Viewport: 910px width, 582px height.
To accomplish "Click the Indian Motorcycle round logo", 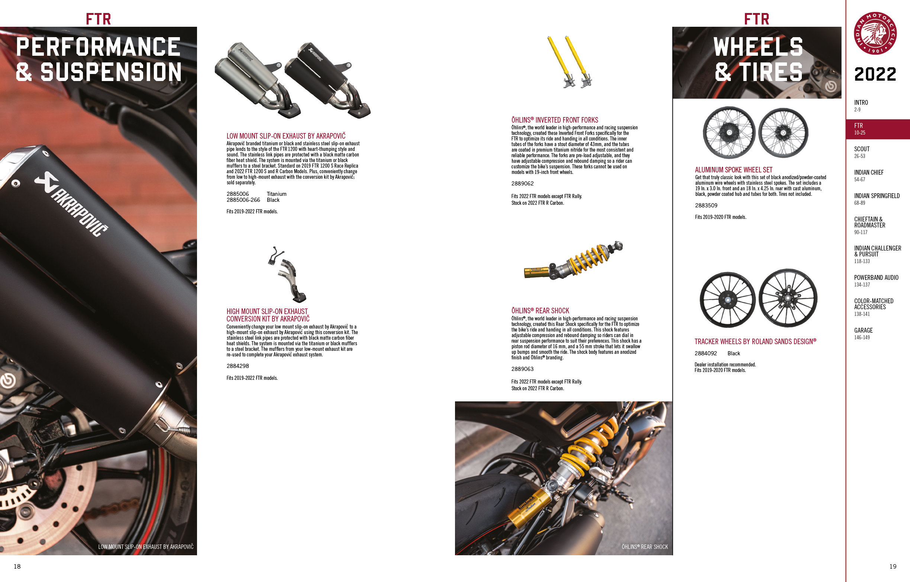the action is pyautogui.click(x=875, y=33).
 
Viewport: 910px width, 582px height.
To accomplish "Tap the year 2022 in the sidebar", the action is pyautogui.click(x=875, y=74).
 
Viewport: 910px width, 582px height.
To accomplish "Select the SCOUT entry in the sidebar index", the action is pyautogui.click(x=862, y=149).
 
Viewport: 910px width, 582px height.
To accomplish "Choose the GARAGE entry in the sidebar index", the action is pyautogui.click(x=864, y=330).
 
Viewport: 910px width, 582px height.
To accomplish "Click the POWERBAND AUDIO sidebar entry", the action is pyautogui.click(x=876, y=277).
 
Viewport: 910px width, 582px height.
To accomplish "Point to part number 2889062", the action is pyautogui.click(x=522, y=184).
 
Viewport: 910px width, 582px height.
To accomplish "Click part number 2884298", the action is pyautogui.click(x=238, y=366).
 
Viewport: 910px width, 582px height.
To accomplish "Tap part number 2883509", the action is pyautogui.click(x=706, y=206).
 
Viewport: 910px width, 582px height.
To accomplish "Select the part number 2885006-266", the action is pyautogui.click(x=243, y=200).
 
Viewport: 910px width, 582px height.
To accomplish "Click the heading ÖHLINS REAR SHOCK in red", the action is pyautogui.click(x=540, y=311).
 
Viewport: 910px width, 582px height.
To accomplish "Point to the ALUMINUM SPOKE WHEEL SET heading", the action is pyautogui.click(x=733, y=170).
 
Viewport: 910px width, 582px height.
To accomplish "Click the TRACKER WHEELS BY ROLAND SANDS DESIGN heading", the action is pyautogui.click(x=755, y=342).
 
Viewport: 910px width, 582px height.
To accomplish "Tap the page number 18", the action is pyautogui.click(x=17, y=566).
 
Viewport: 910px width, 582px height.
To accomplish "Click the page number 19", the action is pyautogui.click(x=893, y=566).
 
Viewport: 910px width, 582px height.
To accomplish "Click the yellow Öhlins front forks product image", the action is pyautogui.click(x=570, y=62).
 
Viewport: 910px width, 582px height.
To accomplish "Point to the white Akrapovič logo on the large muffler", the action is pyautogui.click(x=71, y=204).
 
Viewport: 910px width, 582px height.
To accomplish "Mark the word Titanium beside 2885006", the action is pyautogui.click(x=277, y=194).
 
